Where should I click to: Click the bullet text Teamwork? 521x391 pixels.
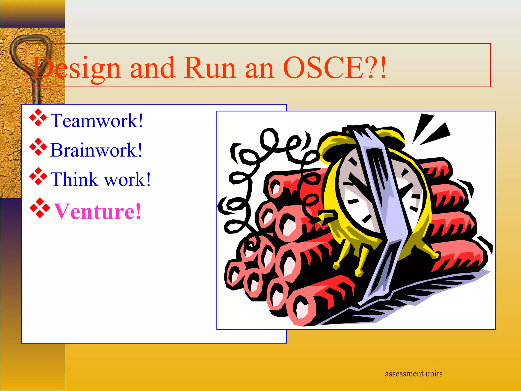click(x=97, y=121)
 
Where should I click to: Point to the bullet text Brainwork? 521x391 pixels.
click(x=96, y=150)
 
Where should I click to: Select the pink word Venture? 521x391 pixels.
click(x=97, y=211)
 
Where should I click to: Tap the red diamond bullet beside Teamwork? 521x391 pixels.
click(x=38, y=118)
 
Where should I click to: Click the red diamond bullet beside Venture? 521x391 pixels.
click(x=39, y=208)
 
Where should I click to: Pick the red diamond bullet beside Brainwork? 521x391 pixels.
click(x=38, y=147)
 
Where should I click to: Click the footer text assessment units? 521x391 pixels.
click(x=413, y=374)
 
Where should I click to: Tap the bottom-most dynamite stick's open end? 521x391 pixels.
click(x=301, y=309)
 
